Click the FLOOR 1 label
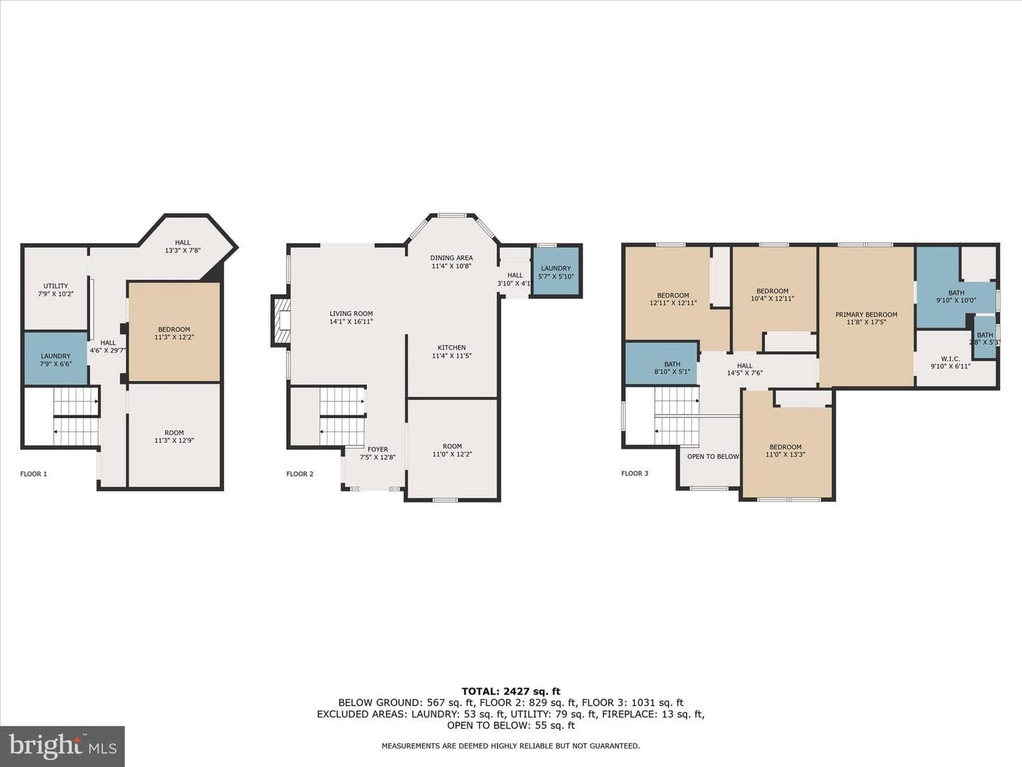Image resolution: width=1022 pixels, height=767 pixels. pyautogui.click(x=33, y=474)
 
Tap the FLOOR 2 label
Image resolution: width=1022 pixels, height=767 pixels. pyautogui.click(x=300, y=474)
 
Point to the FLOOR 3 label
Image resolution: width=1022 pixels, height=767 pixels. pyautogui.click(x=634, y=474)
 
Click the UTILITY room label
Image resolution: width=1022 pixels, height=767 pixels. pyautogui.click(x=56, y=286)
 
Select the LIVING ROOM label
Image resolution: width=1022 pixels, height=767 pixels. pyautogui.click(x=351, y=314)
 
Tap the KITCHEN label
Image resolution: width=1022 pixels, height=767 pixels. pyautogui.click(x=451, y=348)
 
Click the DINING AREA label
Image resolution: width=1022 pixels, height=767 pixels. pyautogui.click(x=451, y=258)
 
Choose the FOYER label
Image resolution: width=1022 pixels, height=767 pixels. pyautogui.click(x=378, y=450)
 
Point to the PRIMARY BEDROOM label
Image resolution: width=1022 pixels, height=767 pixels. pyautogui.click(x=866, y=315)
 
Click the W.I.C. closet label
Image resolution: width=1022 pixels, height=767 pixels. pyautogui.click(x=950, y=359)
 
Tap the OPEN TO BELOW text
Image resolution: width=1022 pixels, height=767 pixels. pyautogui.click(x=713, y=457)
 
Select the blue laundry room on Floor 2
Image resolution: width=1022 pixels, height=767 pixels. pyautogui.click(x=556, y=271)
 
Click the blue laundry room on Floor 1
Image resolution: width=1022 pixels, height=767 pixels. pyautogui.click(x=55, y=359)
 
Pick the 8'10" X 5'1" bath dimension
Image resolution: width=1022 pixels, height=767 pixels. pyautogui.click(x=672, y=372)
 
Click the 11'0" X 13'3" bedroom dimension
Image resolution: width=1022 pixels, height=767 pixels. pyautogui.click(x=786, y=455)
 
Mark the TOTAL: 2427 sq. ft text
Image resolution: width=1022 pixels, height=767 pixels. pyautogui.click(x=511, y=692)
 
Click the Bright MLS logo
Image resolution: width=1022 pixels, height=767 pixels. pyautogui.click(x=62, y=746)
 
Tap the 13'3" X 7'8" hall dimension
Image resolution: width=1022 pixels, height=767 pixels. pyautogui.click(x=182, y=251)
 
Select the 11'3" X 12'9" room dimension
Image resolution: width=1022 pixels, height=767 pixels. pyautogui.click(x=174, y=440)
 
